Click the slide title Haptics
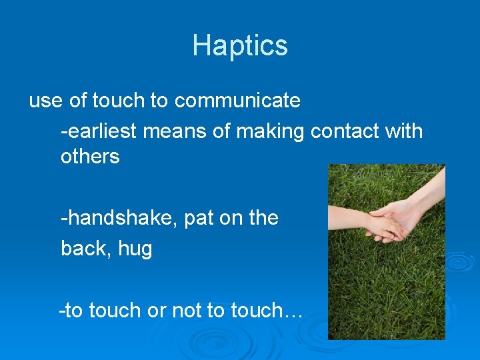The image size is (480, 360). [x=240, y=45]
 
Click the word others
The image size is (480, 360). [x=90, y=157]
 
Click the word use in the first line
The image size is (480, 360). [x=45, y=101]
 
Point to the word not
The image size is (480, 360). [x=187, y=310]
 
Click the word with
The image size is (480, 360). [x=403, y=131]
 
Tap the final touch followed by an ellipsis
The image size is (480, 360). [x=267, y=310]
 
